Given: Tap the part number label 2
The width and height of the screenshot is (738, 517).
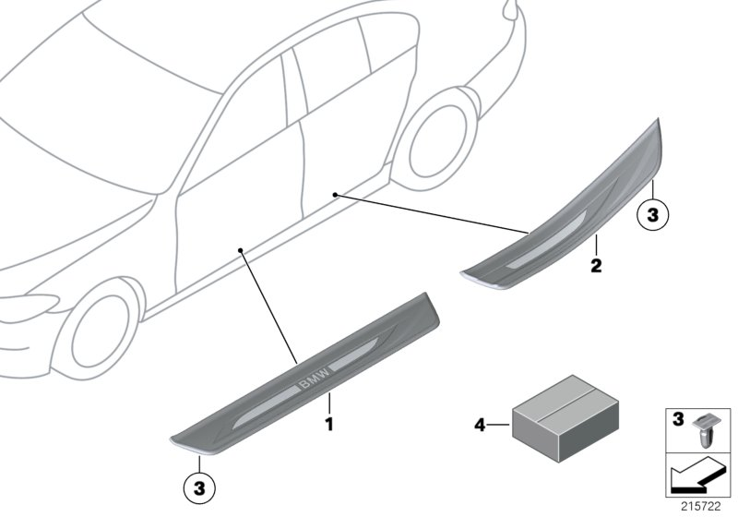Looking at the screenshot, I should (596, 267).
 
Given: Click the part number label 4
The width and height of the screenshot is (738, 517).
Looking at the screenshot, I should (479, 426).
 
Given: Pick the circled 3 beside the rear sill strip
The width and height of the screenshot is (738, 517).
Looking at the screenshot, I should (651, 216).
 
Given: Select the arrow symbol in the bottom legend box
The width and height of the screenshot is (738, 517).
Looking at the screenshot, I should (696, 477).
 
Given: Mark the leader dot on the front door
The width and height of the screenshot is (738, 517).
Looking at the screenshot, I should (240, 250).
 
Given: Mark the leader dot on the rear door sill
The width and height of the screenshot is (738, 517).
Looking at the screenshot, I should (336, 195).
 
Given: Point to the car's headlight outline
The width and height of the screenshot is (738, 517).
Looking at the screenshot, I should (28, 304).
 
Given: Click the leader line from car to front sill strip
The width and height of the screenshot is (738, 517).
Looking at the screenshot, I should (268, 306).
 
